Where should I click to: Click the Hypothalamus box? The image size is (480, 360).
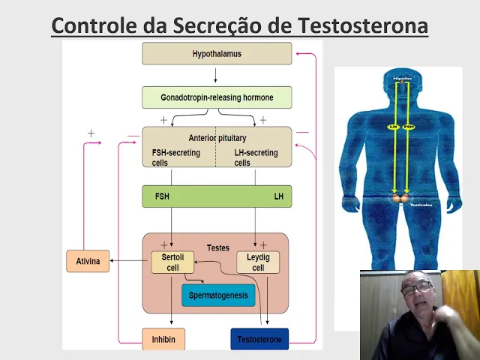tap(217, 54)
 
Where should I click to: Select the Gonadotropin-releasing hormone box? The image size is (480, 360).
tap(217, 97)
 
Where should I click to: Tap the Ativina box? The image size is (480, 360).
tap(88, 261)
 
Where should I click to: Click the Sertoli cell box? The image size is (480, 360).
tap(172, 262)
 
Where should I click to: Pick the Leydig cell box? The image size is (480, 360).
tap(258, 262)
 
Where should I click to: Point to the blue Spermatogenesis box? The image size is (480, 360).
tap(218, 295)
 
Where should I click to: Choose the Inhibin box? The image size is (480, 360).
tap(163, 339)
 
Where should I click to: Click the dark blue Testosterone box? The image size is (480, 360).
tap(259, 339)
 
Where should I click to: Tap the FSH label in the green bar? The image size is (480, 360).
tap(162, 196)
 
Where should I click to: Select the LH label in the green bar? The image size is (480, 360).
tap(278, 196)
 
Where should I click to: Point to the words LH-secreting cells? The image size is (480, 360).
tap(256, 157)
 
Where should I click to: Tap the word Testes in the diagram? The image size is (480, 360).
tap(217, 247)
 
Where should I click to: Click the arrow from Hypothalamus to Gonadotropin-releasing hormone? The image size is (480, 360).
tap(216, 75)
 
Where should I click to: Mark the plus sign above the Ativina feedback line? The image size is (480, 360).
tap(91, 133)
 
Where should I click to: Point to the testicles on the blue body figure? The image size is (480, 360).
tap(397, 199)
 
